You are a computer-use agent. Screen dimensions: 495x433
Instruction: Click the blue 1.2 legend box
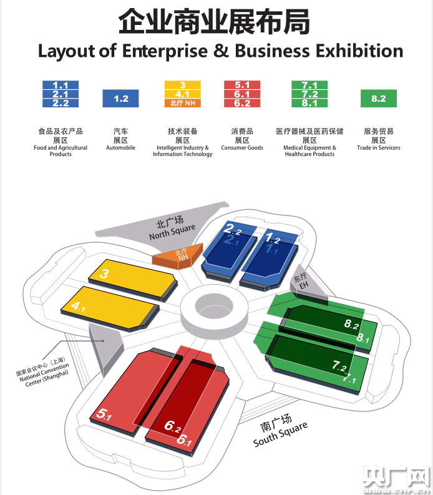121,99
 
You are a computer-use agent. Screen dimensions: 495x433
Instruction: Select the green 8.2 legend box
378,99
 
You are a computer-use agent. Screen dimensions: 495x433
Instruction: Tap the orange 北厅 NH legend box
182,103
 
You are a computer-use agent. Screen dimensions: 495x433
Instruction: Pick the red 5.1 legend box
242,85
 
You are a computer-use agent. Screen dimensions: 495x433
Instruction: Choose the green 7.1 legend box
309,85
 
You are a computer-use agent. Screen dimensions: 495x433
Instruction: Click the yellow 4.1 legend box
182,94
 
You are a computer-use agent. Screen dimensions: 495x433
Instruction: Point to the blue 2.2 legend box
61,103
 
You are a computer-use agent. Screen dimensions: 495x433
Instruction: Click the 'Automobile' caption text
120,148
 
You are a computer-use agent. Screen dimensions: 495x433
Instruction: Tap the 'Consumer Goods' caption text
242,148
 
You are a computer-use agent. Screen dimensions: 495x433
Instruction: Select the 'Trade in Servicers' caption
379,148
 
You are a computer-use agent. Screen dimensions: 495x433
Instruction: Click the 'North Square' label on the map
172,229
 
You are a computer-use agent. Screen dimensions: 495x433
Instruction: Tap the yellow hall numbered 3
131,276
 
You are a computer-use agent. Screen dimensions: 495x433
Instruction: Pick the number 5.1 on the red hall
104,414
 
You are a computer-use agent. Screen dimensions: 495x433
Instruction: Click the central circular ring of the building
214,306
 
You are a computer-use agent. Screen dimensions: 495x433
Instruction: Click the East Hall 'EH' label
303,282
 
